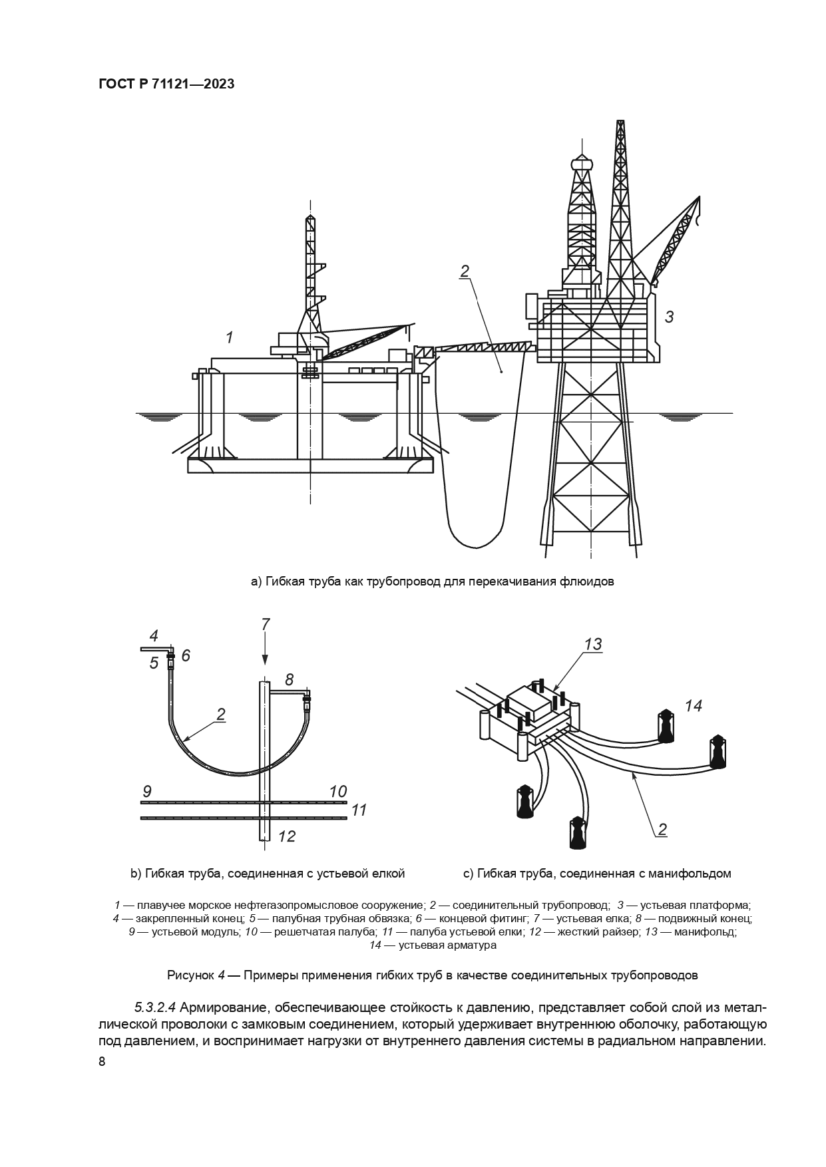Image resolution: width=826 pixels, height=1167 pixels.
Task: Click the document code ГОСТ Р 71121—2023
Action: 166,84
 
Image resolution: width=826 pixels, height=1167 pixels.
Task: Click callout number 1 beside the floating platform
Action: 230,338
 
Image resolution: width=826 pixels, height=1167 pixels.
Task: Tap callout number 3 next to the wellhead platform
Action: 669,317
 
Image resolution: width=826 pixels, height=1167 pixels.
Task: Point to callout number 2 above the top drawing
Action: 465,271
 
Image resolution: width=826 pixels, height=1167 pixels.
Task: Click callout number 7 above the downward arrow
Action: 266,624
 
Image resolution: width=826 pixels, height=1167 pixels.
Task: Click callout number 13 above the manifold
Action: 592,644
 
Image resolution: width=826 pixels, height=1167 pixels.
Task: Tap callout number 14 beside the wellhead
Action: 694,706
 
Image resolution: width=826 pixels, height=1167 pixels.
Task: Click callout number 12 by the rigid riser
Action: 286,836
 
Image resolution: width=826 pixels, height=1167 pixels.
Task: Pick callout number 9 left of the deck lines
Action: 147,792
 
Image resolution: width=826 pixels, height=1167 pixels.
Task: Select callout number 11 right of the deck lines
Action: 359,810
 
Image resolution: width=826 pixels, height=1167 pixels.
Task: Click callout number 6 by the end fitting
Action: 186,656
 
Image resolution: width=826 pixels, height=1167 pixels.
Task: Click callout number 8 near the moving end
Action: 289,680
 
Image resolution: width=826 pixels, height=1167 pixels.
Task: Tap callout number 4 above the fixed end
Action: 153,635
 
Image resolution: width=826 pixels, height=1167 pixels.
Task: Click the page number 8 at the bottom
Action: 102,1062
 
